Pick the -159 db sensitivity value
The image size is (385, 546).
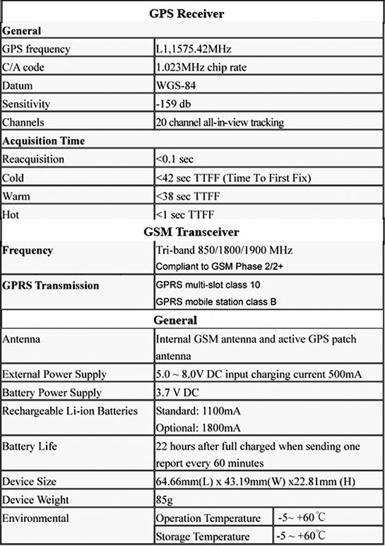[x=175, y=105]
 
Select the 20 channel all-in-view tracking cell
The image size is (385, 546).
[x=220, y=123]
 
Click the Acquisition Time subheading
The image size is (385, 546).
[x=44, y=140]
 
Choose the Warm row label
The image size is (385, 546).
[x=16, y=195]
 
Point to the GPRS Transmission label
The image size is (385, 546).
[x=51, y=285]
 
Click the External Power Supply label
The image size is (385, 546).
[x=55, y=374]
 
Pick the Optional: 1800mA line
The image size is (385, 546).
[x=199, y=428]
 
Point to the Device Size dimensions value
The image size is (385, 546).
[x=258, y=482]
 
